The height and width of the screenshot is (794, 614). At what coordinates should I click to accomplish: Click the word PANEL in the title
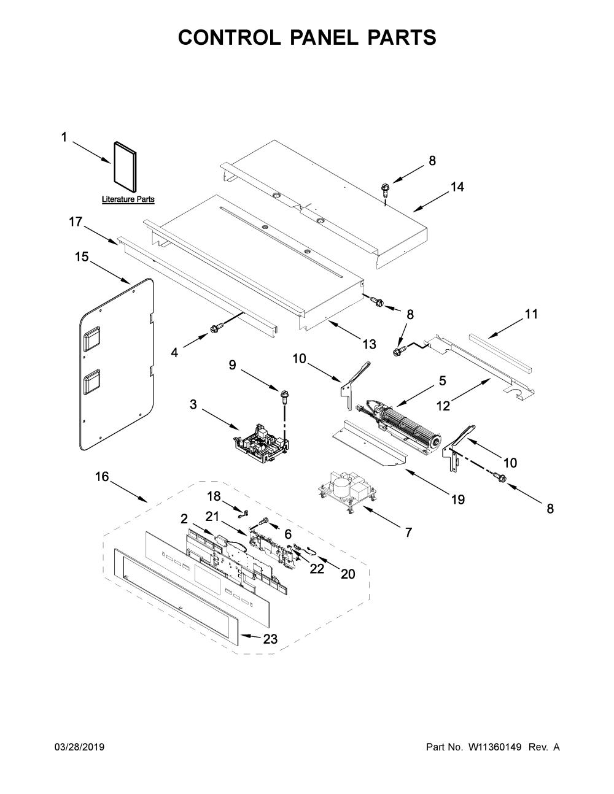coord(324,37)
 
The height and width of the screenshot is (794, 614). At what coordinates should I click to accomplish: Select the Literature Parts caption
coord(128,199)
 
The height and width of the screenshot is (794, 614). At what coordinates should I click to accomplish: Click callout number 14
coord(457,187)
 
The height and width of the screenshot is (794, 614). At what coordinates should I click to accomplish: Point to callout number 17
coord(76,222)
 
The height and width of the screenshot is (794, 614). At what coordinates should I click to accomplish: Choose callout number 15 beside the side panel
coord(82,256)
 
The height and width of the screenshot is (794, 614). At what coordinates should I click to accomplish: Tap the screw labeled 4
coord(214,328)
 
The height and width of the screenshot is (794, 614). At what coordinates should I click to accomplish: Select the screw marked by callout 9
coord(284,396)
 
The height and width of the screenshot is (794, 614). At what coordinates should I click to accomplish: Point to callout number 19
coord(458,499)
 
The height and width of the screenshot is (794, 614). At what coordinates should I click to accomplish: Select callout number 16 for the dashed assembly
coord(102,477)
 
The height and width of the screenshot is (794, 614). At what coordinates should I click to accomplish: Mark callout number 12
coord(443,406)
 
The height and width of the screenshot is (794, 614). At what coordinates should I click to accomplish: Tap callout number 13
coord(370,344)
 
